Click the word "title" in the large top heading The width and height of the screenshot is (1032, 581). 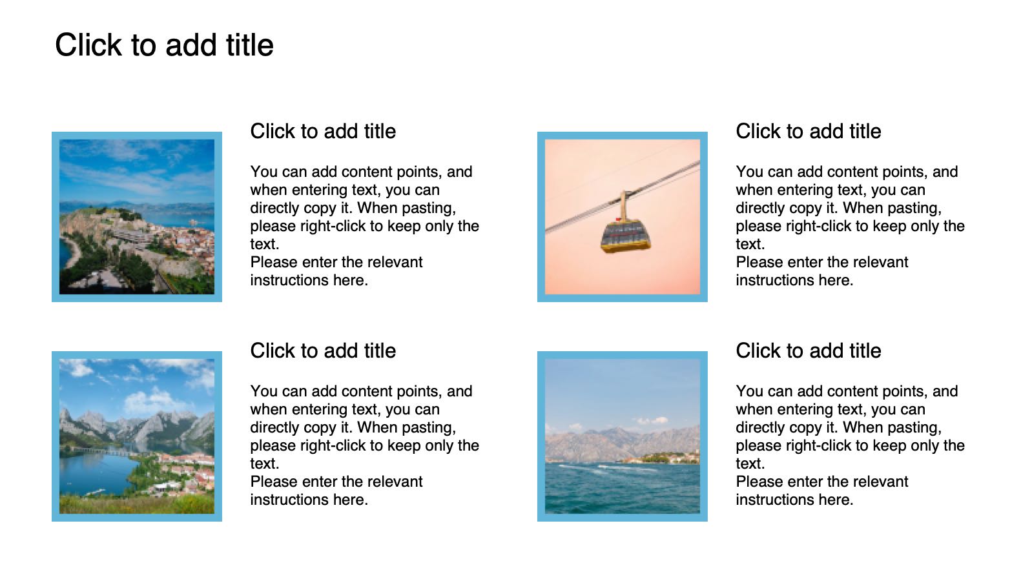coord(250,45)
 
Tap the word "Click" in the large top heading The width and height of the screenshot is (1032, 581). coord(88,45)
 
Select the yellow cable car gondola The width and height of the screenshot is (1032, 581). coord(625,236)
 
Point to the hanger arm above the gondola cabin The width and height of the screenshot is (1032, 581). coord(623,206)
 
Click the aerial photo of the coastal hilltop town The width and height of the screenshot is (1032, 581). coord(137,217)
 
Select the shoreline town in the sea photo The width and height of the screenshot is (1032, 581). coord(663,458)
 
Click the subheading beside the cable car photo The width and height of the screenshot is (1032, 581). coord(808,131)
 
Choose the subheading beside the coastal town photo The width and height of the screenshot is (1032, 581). coord(323,131)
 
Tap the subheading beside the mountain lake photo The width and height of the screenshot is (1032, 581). coord(323,351)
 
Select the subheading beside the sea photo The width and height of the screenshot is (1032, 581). coord(808,351)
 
